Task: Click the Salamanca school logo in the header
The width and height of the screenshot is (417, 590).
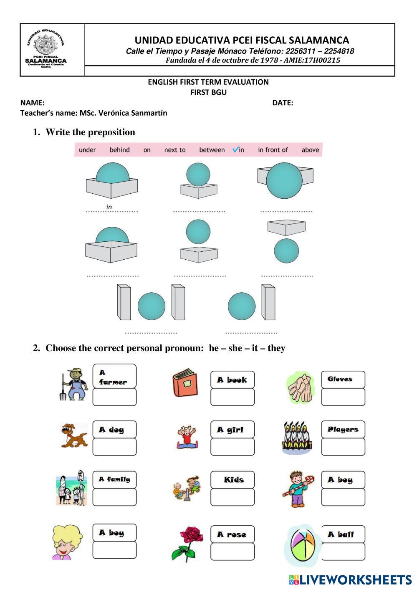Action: pyautogui.click(x=46, y=50)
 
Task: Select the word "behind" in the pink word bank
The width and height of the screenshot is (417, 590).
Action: pyautogui.click(x=119, y=150)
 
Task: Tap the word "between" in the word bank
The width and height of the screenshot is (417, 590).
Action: pyautogui.click(x=212, y=150)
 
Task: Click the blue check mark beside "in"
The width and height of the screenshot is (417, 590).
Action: pyautogui.click(x=235, y=149)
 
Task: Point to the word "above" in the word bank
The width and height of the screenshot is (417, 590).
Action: pyautogui.click(x=310, y=150)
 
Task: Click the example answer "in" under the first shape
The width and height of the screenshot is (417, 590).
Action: pyautogui.click(x=109, y=207)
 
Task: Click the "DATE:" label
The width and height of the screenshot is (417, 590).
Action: pyautogui.click(x=283, y=103)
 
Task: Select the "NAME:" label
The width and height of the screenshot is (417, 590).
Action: pyautogui.click(x=33, y=103)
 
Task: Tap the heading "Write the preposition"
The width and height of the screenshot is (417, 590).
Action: pyautogui.click(x=90, y=132)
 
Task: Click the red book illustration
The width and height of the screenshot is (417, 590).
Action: pyautogui.click(x=184, y=383)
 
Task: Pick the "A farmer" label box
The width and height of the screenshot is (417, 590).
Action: pyautogui.click(x=114, y=376)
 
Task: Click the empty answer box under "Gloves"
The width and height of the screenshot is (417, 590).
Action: pyautogui.click(x=343, y=397)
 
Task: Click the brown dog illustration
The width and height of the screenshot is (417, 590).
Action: pyautogui.click(x=74, y=435)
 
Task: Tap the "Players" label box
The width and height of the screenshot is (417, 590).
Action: pyautogui.click(x=343, y=429)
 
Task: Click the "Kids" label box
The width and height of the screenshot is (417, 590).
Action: pyautogui.click(x=233, y=480)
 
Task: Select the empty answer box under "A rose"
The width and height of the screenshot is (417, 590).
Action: pyautogui.click(x=233, y=552)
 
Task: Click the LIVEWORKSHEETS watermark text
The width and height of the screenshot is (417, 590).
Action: pyautogui.click(x=355, y=580)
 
